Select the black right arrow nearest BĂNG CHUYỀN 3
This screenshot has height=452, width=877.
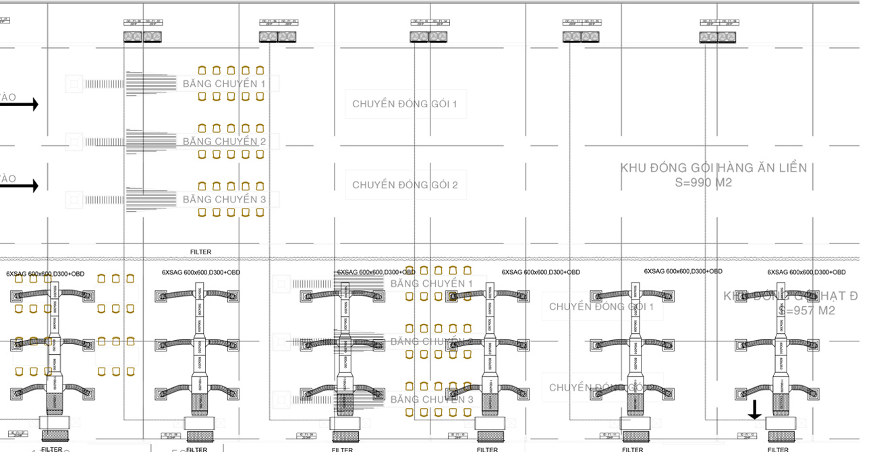(x=20, y=186)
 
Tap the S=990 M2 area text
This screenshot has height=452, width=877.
(x=704, y=182)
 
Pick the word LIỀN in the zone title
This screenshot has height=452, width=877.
(x=790, y=167)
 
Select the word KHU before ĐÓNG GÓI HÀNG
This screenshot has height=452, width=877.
(x=635, y=167)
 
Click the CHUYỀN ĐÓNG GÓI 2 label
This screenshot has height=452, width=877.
(x=405, y=185)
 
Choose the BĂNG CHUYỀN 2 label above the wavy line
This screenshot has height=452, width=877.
(x=224, y=142)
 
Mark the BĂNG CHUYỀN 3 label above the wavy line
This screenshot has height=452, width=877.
(x=224, y=200)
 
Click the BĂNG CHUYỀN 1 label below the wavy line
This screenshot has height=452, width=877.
(x=432, y=283)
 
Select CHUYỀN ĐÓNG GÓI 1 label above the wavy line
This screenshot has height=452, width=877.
(x=405, y=104)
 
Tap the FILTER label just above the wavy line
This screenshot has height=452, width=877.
(x=200, y=252)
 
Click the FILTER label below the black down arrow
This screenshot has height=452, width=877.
(x=778, y=449)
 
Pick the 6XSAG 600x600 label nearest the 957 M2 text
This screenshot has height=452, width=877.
(x=806, y=273)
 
